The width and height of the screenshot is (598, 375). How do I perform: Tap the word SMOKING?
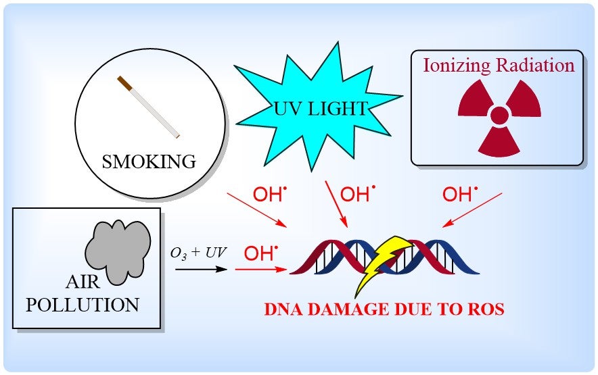tap(149, 161)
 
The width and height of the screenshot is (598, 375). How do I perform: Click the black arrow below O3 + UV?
tap(200, 269)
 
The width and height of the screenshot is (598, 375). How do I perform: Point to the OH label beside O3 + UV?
tap(259, 254)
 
